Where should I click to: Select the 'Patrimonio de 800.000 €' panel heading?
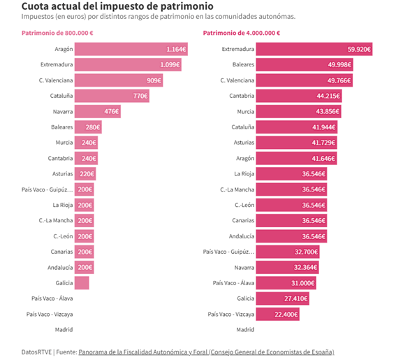coord(58,33)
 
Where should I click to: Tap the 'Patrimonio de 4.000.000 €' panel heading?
coord(242,33)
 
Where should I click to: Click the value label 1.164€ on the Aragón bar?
coord(176,49)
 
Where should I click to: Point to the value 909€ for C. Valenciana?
coord(154,80)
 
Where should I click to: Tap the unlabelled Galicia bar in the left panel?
coord(82,282)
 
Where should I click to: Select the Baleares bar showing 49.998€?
coord(300,64)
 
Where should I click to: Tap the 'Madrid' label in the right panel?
coord(245,329)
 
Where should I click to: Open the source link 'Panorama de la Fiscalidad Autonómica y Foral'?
coord(142,352)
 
